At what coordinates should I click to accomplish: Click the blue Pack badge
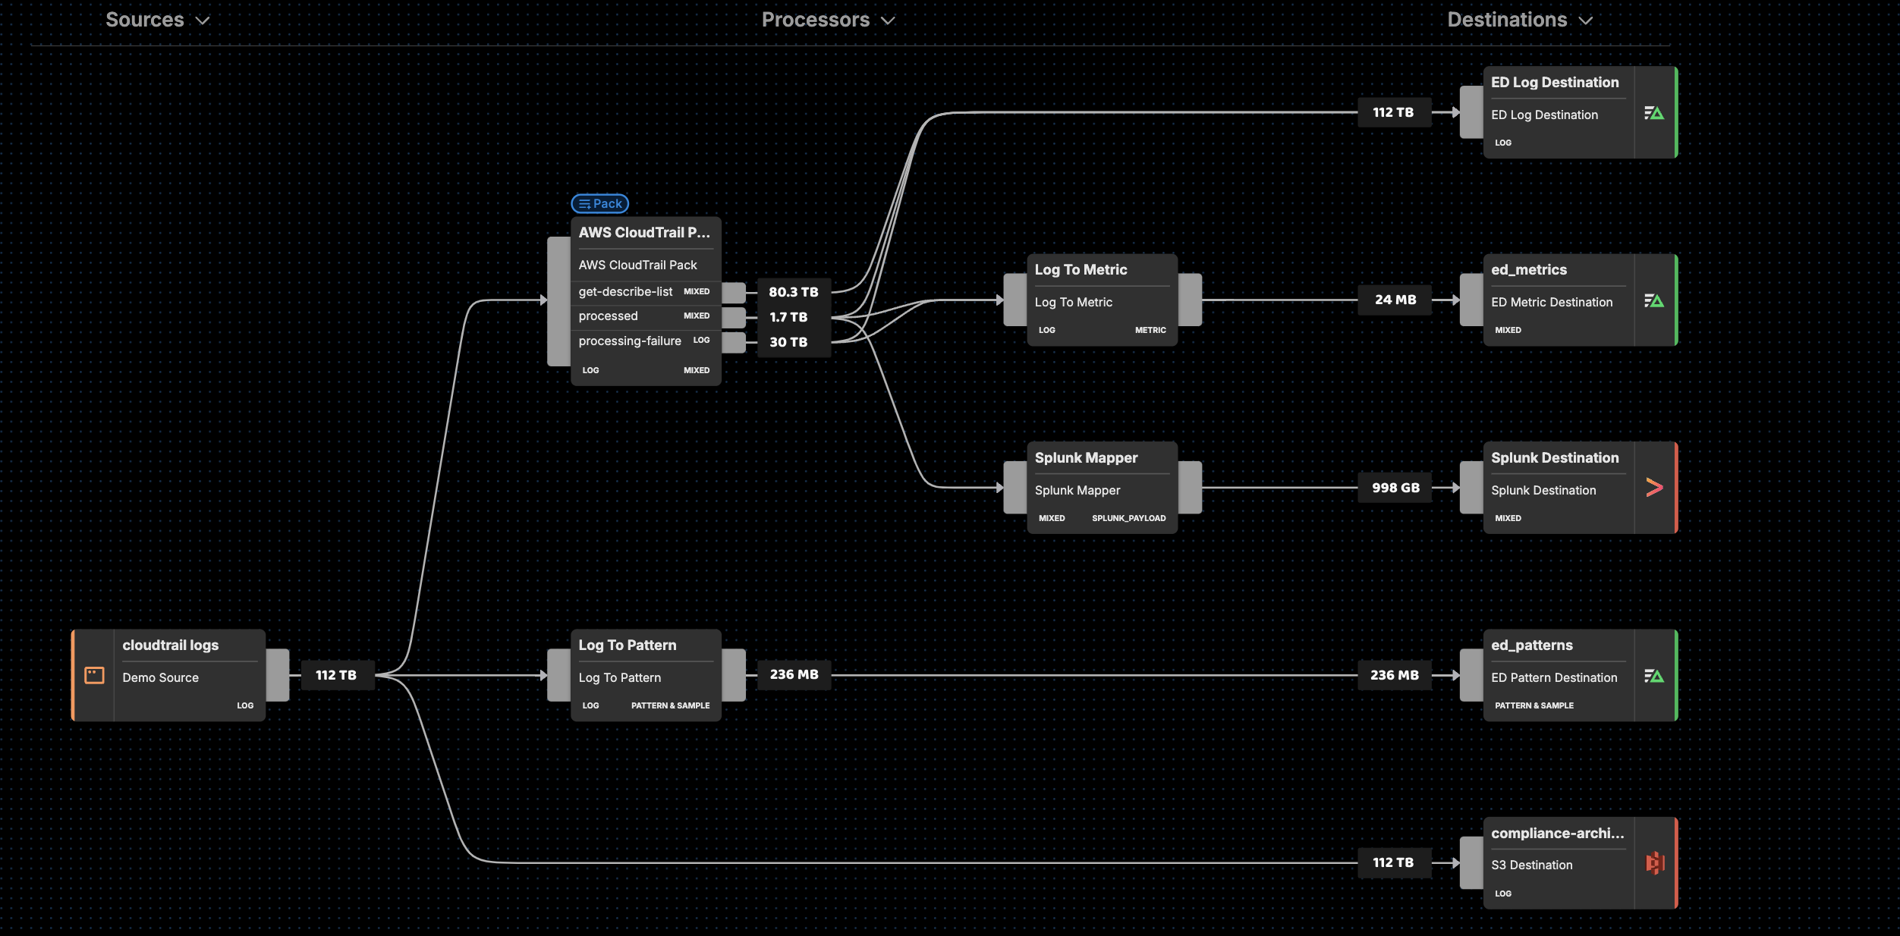599,203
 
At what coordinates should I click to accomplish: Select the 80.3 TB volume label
793,292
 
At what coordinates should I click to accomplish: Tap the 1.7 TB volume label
788,317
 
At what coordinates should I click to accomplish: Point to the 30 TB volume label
788,342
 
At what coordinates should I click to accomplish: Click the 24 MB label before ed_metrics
1395,300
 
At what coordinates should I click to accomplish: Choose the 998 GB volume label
1395,488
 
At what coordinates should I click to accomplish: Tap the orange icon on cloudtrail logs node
94,675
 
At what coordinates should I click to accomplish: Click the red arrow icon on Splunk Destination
1654,488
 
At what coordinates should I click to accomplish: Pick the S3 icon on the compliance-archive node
1655,862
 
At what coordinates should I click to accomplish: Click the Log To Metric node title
1081,269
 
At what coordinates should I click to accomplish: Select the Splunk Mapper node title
1086,457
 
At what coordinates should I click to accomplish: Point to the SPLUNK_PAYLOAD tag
1128,518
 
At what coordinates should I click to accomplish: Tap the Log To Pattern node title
627,645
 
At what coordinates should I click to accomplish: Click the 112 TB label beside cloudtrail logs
335,675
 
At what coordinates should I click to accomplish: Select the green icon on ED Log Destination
1654,113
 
